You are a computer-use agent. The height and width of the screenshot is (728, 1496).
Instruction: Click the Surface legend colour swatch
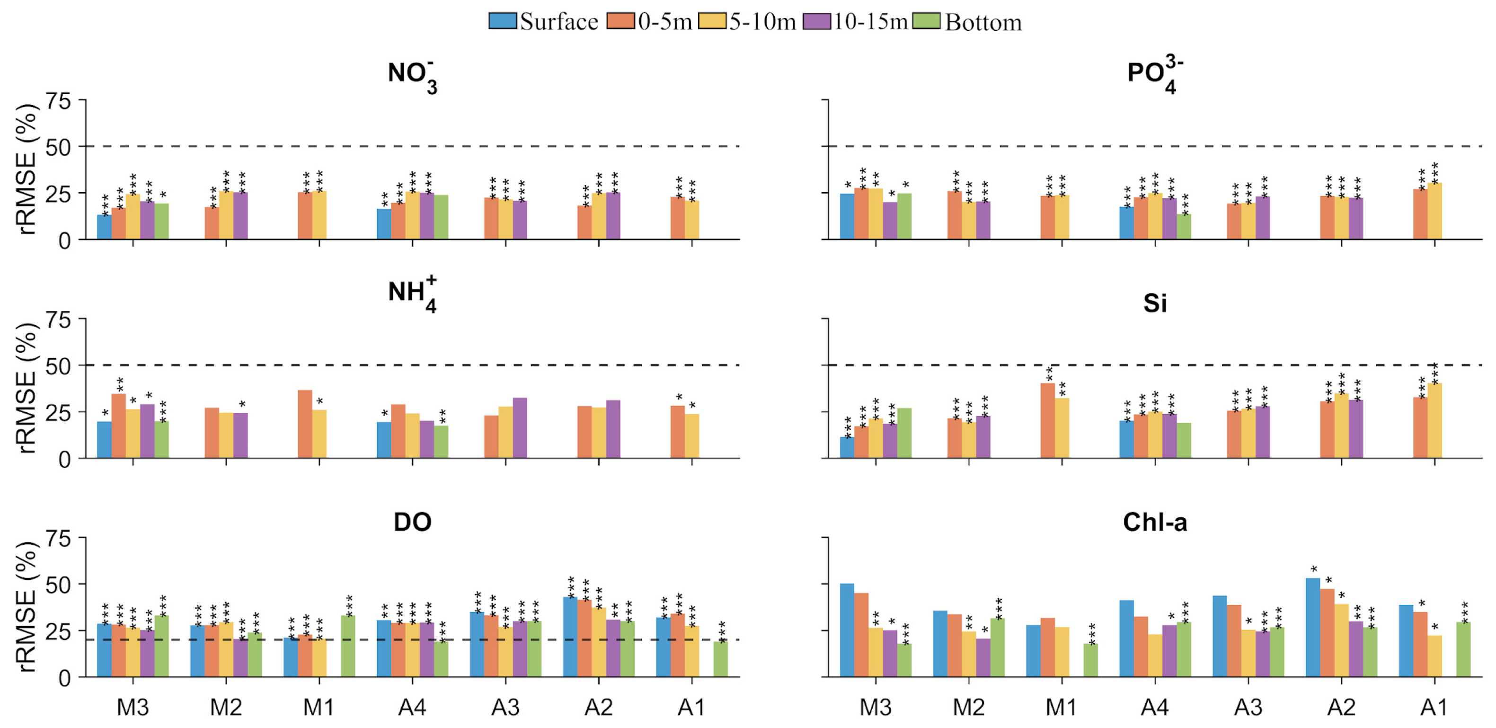[502, 21]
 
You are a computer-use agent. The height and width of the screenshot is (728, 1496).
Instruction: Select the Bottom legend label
[983, 22]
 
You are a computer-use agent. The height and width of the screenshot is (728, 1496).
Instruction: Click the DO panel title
[412, 522]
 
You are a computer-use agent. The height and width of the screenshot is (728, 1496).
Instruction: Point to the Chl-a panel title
[1154, 522]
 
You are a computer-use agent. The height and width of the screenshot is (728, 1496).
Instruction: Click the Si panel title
[1154, 303]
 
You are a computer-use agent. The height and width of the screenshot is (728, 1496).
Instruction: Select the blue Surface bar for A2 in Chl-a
[1312, 628]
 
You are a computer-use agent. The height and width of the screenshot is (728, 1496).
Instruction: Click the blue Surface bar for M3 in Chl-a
[847, 630]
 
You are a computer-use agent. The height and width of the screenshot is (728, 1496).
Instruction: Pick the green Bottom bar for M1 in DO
[348, 646]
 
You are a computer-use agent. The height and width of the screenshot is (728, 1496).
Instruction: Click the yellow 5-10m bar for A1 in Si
[1434, 421]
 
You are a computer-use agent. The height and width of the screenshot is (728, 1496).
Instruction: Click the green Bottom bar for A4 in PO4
[1184, 227]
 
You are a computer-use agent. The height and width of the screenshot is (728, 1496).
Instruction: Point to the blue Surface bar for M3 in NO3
[105, 227]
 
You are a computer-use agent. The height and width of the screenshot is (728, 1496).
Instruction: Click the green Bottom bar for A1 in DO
[720, 659]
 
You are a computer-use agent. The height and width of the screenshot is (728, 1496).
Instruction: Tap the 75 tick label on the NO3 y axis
[58, 101]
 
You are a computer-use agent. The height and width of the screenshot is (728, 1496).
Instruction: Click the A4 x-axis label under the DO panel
[412, 707]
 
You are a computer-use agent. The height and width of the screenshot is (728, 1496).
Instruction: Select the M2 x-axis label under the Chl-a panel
[968, 707]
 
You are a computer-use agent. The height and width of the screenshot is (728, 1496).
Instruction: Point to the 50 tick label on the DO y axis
[58, 585]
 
